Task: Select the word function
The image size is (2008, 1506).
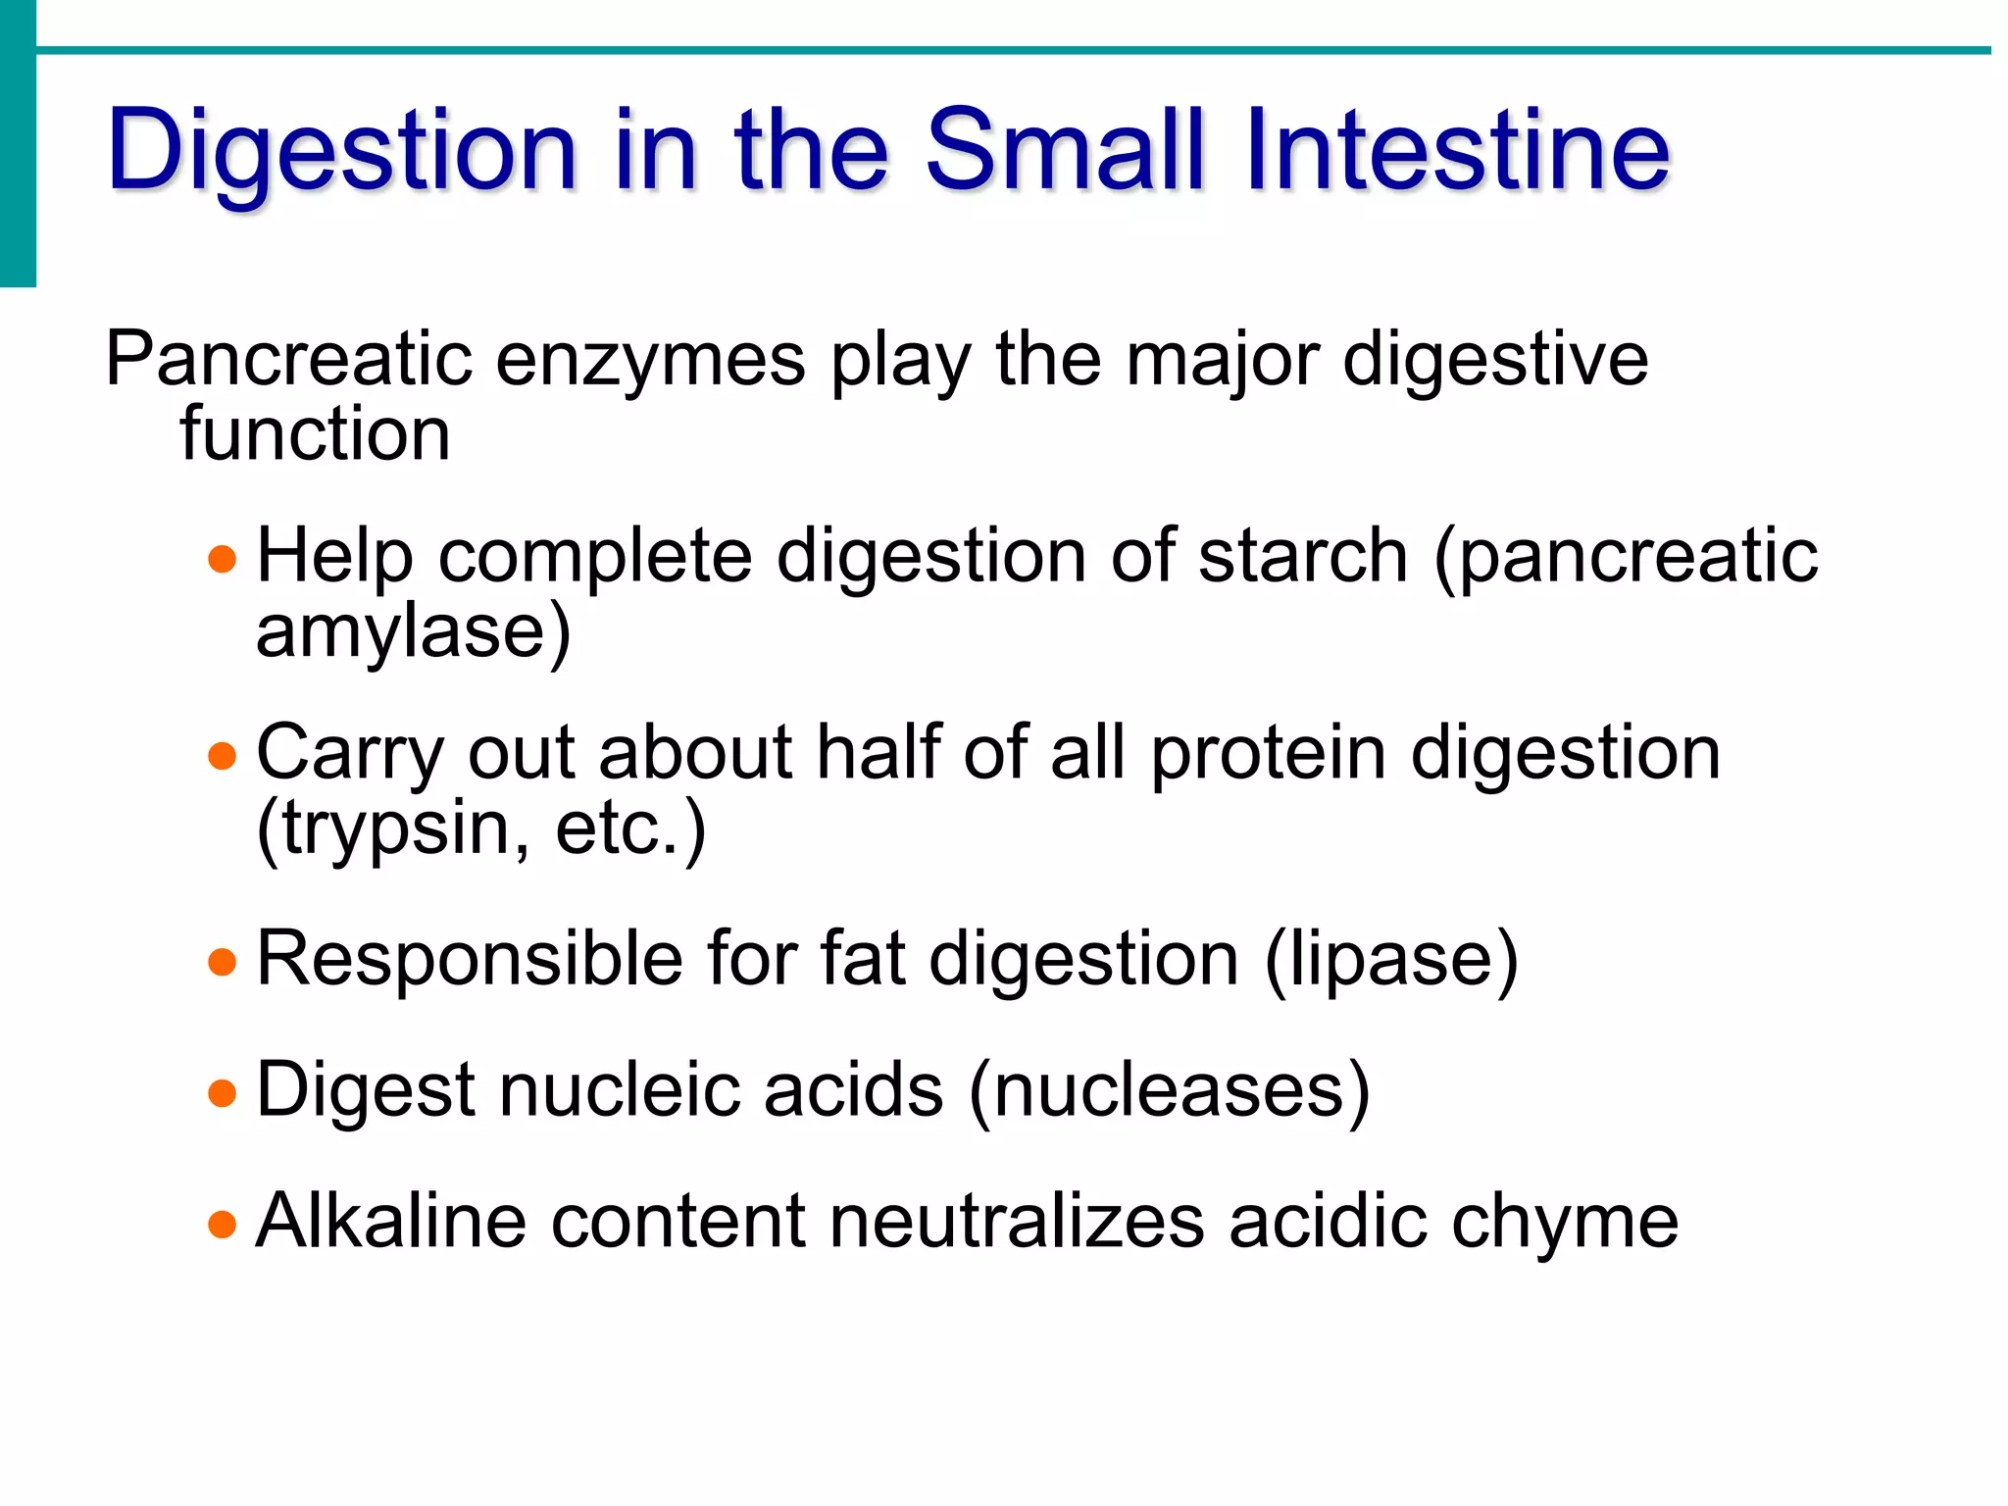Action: point(315,433)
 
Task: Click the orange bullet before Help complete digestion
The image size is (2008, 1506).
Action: point(223,559)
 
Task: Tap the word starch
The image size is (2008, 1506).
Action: point(1303,557)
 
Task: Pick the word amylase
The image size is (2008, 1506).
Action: point(401,632)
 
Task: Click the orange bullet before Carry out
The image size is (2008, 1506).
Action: point(223,756)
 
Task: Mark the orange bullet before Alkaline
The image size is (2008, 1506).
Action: point(223,1224)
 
